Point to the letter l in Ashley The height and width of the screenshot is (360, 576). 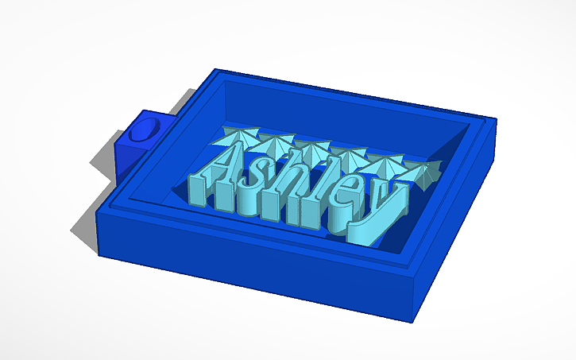coord(322,191)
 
